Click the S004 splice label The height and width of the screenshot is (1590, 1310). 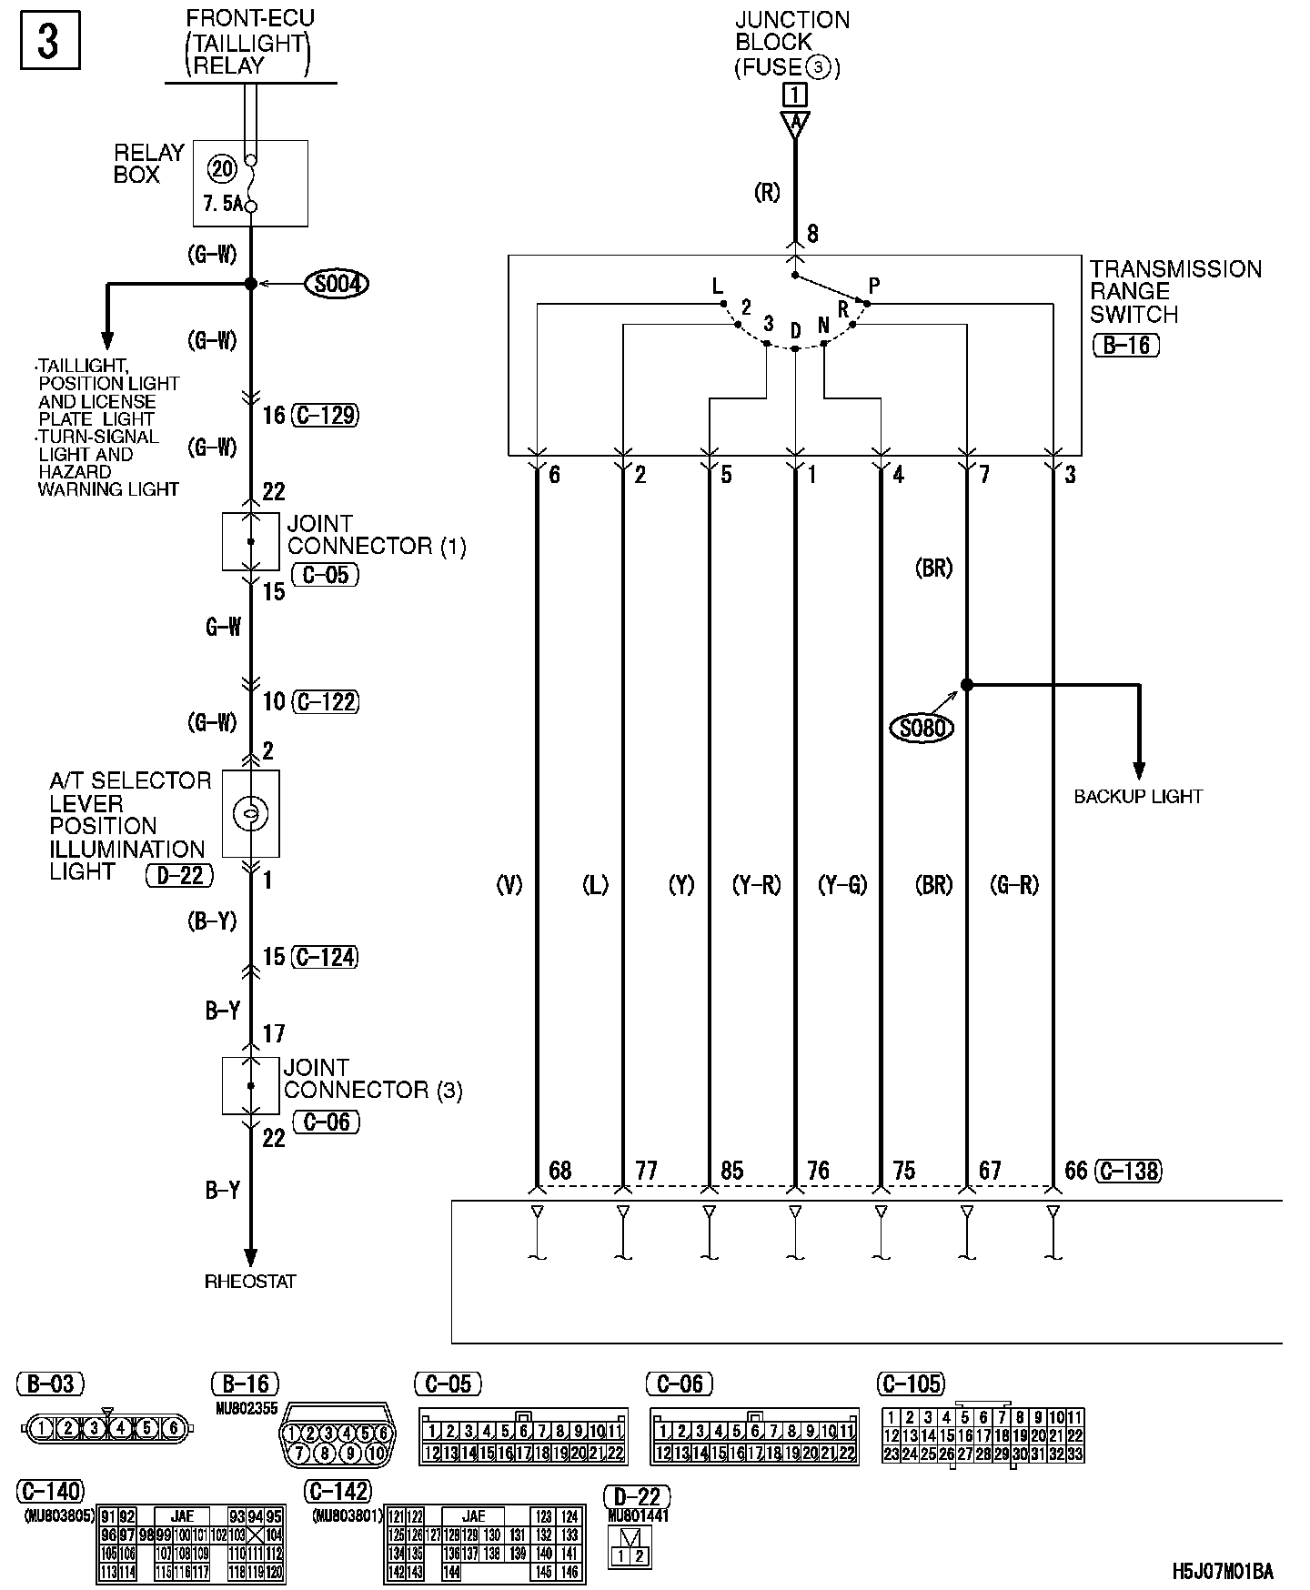(x=338, y=285)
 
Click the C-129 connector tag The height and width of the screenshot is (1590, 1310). (x=325, y=416)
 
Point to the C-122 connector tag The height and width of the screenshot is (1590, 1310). (x=325, y=701)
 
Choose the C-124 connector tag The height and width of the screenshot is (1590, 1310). (x=325, y=957)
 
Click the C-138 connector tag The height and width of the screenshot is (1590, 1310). (x=1128, y=1171)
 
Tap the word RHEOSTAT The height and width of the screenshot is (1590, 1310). (x=250, y=1282)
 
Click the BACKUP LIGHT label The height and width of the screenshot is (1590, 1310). (x=1138, y=797)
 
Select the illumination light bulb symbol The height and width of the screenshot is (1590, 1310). (x=250, y=813)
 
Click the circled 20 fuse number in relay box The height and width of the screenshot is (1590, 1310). (x=221, y=168)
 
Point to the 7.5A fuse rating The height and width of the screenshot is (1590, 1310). (x=223, y=204)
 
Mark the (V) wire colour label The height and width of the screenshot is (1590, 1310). (x=509, y=884)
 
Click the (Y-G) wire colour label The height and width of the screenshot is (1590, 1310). (x=842, y=884)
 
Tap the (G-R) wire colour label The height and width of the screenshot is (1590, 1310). (x=1013, y=884)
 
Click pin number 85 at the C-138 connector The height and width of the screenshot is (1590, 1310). (x=731, y=1171)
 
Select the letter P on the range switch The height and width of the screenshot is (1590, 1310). (x=874, y=286)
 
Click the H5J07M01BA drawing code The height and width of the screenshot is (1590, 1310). (x=1222, y=1572)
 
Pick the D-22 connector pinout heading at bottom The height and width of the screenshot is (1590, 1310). (x=637, y=1495)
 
